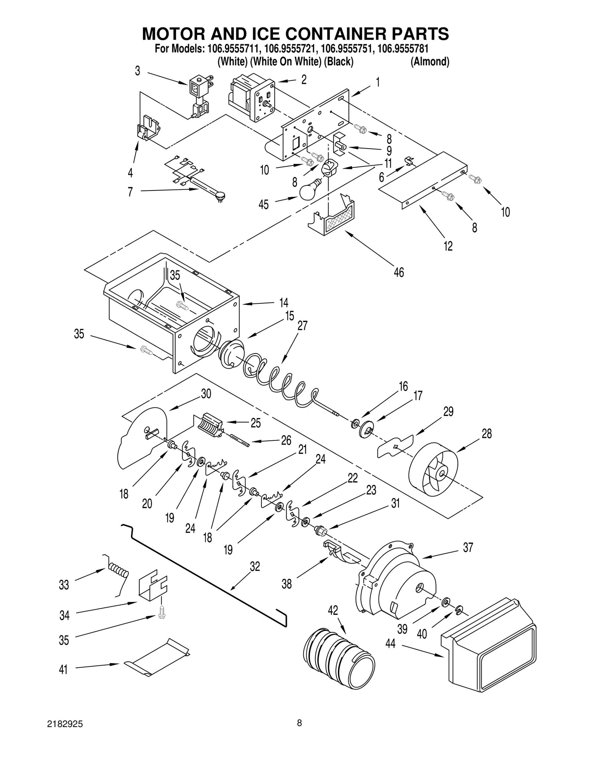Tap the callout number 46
click(398, 272)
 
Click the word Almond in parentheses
click(430, 62)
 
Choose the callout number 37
click(468, 547)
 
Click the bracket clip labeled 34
click(153, 587)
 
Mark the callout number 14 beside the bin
click(284, 302)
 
